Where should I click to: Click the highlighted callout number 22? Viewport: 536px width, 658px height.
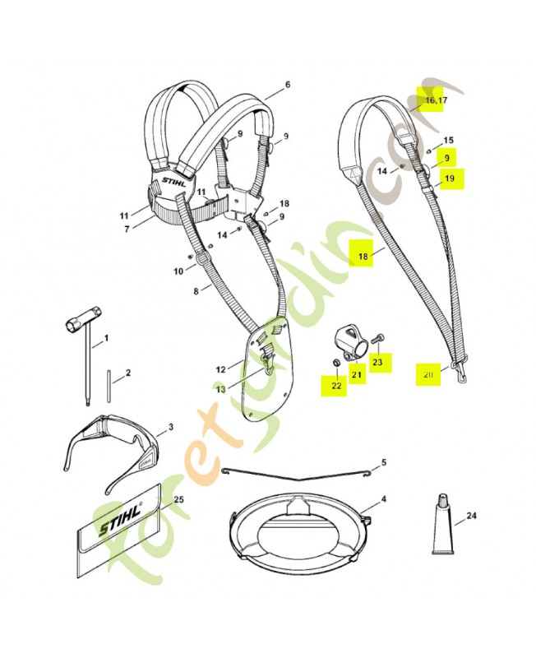[x=336, y=385]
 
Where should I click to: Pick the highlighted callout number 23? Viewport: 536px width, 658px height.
[x=377, y=361]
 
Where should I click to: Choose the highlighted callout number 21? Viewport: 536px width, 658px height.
[x=357, y=373]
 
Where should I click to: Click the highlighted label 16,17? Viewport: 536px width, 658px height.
[x=437, y=100]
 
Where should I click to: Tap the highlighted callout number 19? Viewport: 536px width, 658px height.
[x=450, y=178]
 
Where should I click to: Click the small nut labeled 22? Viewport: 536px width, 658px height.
[x=336, y=362]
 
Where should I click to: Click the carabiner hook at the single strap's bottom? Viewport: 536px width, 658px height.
[x=460, y=375]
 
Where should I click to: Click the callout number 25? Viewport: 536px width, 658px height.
[x=178, y=500]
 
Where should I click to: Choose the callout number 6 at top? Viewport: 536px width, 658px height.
[x=287, y=85]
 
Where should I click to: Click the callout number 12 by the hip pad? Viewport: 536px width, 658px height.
[x=220, y=369]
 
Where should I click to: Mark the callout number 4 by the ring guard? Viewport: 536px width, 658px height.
[x=383, y=499]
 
